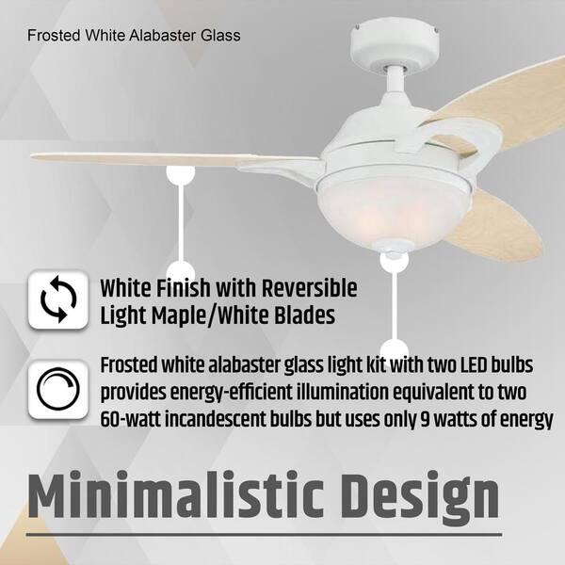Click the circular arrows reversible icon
58,299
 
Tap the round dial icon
58,389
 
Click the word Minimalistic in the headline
175,494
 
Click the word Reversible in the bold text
309,288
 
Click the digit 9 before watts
426,419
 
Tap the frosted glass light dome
395,210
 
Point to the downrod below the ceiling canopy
395,79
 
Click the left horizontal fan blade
173,160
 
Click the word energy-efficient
232,393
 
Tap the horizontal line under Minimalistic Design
264,535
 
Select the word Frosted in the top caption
54,36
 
